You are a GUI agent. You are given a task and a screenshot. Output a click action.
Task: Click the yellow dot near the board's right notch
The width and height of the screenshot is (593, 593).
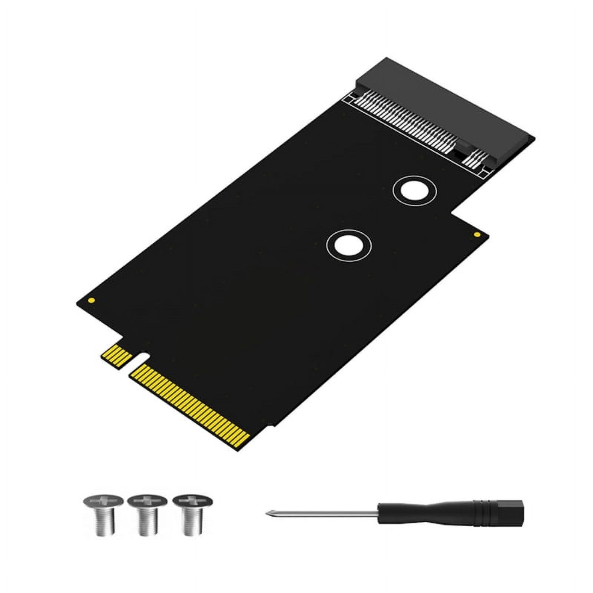477,235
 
